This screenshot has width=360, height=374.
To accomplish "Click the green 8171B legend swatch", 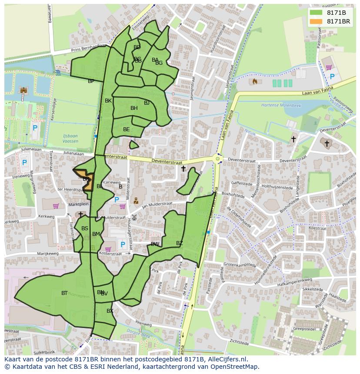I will (316, 13).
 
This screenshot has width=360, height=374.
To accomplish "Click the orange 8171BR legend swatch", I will (316, 21).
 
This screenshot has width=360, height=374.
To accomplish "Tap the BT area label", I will (64, 293).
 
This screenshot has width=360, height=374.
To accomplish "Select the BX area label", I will (110, 311).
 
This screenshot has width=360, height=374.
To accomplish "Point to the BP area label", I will (91, 81).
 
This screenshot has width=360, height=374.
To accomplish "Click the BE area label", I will (126, 129).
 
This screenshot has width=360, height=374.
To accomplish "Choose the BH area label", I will (134, 108).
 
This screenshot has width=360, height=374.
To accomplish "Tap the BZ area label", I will (180, 243).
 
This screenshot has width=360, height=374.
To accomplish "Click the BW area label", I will (155, 244).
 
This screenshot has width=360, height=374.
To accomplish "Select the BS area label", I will (85, 228).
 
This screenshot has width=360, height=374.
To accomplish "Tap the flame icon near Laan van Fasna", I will (255, 81).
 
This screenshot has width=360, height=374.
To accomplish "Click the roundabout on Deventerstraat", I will (218, 159).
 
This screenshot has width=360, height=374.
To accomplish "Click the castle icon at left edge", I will (23, 90).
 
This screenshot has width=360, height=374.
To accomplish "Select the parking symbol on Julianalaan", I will (24, 163).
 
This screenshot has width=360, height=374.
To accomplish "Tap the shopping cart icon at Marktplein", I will (56, 206).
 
